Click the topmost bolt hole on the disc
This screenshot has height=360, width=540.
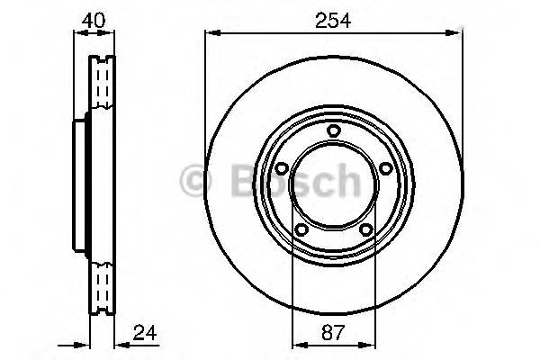333,132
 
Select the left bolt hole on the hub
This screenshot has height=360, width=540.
281,168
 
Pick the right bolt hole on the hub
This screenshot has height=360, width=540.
385,168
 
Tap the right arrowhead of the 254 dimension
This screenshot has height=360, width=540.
456,34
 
